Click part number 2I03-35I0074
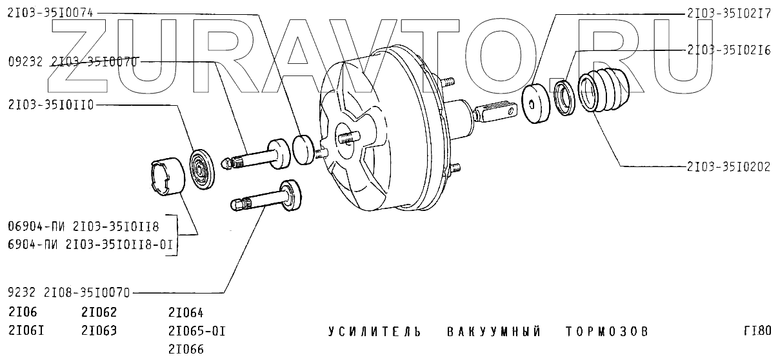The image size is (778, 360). pyautogui.click(x=50, y=13)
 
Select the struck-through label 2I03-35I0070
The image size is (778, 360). pyautogui.click(x=94, y=62)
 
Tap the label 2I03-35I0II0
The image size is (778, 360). pyautogui.click(x=51, y=105)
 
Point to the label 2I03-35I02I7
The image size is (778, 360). pyautogui.click(x=729, y=14)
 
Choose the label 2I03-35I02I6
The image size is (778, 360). pyautogui.click(x=729, y=50)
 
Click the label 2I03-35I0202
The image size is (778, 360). pyautogui.click(x=729, y=167)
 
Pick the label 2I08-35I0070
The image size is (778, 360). pyautogui.click(x=86, y=293)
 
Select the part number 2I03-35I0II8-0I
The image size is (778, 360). pyautogui.click(x=119, y=245)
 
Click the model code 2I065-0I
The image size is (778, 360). pyautogui.click(x=197, y=331)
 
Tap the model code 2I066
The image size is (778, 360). pyautogui.click(x=186, y=349)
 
